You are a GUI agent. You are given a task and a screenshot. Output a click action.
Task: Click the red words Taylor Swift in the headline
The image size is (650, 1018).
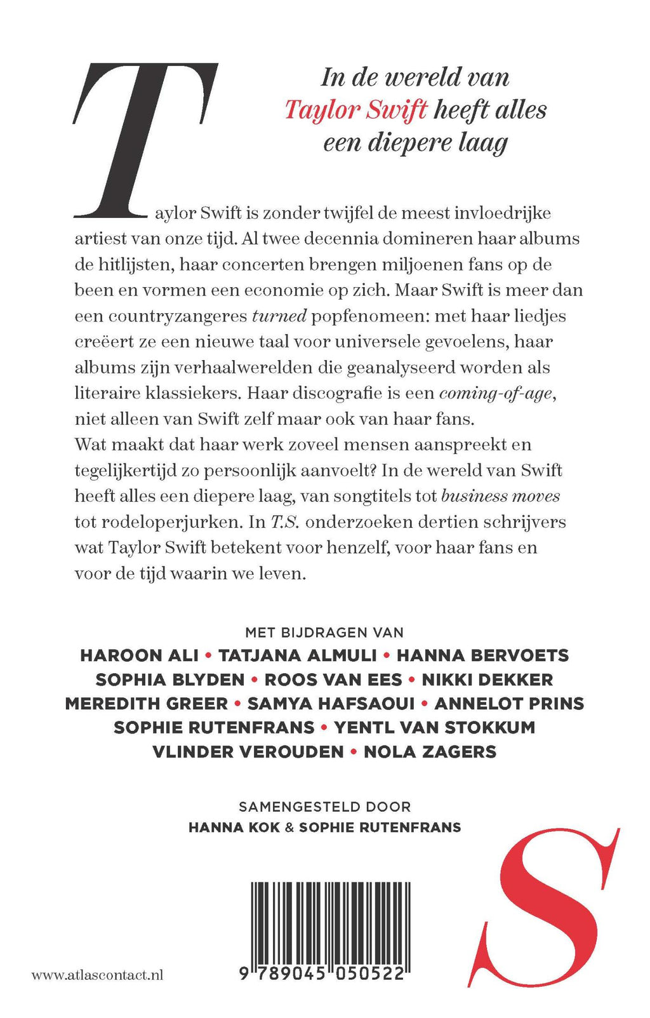click(355, 110)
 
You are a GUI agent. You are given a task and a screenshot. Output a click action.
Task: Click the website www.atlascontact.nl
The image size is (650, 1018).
click(97, 974)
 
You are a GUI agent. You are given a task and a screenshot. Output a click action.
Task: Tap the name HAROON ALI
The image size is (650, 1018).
click(139, 655)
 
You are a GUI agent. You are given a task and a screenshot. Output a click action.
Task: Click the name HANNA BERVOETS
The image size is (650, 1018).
click(482, 655)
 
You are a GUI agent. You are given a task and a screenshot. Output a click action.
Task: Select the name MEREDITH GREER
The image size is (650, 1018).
click(146, 704)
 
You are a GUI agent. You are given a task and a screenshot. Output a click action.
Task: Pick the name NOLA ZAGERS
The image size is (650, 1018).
click(430, 752)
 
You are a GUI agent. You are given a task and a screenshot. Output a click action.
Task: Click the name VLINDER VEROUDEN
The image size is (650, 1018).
click(248, 752)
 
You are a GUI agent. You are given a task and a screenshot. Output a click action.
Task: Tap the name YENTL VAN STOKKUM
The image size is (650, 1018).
click(434, 728)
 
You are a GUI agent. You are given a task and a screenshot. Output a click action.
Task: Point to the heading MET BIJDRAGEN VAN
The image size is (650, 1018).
click(324, 632)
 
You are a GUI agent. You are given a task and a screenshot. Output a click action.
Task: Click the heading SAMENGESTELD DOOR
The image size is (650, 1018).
click(324, 807)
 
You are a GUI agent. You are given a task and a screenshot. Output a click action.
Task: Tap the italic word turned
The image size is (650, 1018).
click(279, 316)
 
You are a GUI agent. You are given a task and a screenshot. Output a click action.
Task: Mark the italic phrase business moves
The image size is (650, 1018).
click(500, 496)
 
